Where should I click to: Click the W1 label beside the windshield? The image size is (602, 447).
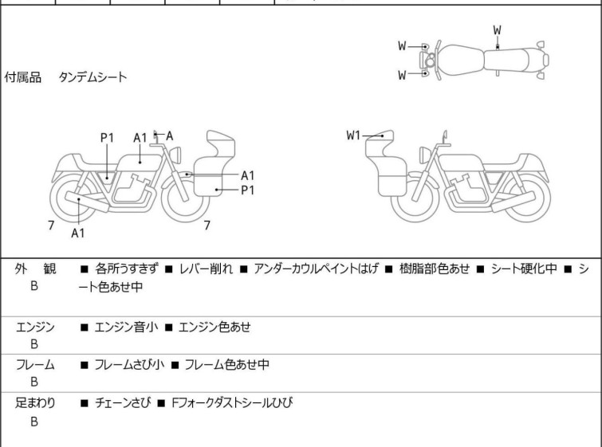click(x=354, y=135)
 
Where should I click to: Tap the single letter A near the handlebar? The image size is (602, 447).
click(x=169, y=135)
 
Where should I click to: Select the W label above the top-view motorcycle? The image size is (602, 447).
click(x=497, y=30)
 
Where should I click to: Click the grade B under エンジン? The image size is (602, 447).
click(x=34, y=344)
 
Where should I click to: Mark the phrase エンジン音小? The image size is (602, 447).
click(x=127, y=326)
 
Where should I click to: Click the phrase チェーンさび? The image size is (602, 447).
click(x=126, y=403)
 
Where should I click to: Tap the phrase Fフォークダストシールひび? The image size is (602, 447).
click(x=231, y=403)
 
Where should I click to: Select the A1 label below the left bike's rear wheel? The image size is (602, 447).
click(x=77, y=233)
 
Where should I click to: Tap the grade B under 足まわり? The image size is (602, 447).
click(x=34, y=422)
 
